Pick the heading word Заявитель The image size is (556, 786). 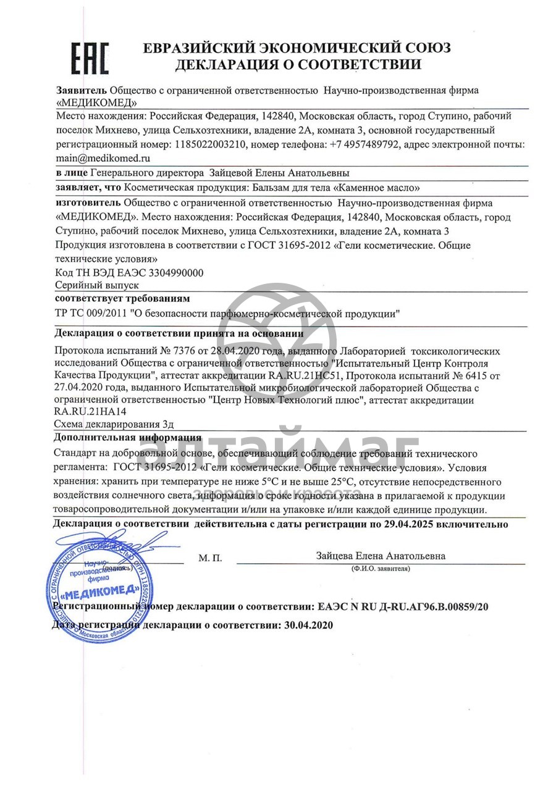[82, 90]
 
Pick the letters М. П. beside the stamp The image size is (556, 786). [210, 558]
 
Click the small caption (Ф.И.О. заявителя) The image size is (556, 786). [380, 567]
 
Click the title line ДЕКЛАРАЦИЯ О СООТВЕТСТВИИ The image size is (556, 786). [298, 64]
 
